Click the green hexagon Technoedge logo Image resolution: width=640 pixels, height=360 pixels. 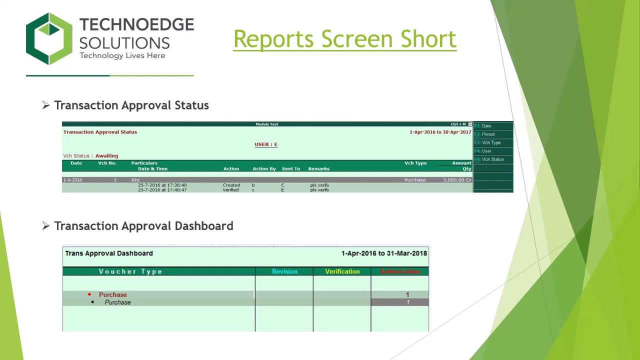coord(49,39)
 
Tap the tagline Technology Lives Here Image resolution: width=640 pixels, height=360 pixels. coord(122,55)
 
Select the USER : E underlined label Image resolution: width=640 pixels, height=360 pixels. coord(266,144)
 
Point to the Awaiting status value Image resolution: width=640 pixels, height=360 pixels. coord(106,156)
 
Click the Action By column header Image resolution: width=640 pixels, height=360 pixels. coord(264,169)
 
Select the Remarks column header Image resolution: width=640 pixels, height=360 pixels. coord(318,169)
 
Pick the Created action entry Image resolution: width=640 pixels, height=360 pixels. coord(231,185)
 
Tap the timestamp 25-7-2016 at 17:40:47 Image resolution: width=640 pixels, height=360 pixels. coord(162,190)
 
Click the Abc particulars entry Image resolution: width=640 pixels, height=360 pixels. coord(136,180)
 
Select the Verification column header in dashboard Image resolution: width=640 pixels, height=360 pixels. coord(342,271)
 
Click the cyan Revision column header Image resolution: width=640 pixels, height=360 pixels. coord(284,271)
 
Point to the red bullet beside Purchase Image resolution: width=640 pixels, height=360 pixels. coord(89,294)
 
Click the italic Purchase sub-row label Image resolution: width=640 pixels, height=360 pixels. coord(117,302)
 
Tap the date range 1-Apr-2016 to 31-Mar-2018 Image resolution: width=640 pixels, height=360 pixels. coord(384,253)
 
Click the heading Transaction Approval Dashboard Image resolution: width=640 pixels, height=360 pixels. coord(143,226)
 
